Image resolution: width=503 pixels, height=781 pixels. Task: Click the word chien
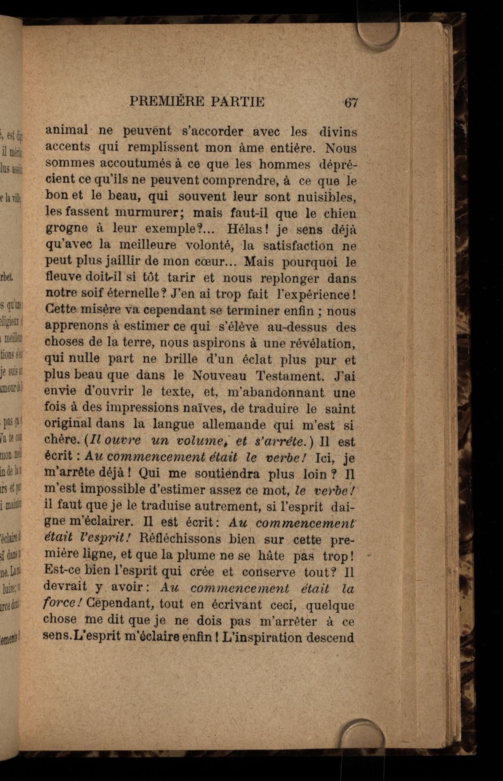(340, 213)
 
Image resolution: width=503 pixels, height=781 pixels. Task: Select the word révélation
(324, 343)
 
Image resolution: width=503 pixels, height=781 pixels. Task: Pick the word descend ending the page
(331, 637)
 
